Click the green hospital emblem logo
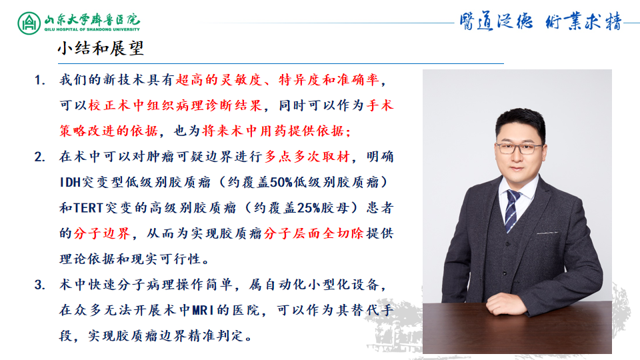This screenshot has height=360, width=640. coord(29,23)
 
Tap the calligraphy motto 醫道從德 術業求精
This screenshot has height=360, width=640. coord(540,22)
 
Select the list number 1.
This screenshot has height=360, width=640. coord(40,81)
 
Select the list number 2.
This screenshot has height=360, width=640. coord(40,157)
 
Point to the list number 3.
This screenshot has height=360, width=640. coord(40,285)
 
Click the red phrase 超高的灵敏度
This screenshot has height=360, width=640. coord(212,81)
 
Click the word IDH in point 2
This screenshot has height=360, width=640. coord(71,183)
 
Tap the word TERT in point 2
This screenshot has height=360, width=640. coord(87,208)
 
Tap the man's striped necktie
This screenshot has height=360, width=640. coord(511,209)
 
